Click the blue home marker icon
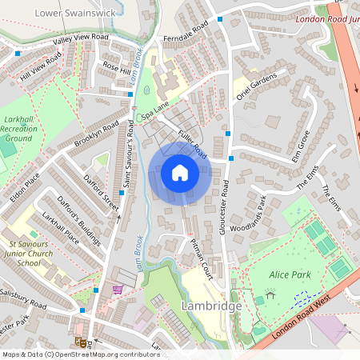point(180,173)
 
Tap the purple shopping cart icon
point(118,289)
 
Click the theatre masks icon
point(81,342)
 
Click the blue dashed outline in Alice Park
point(302,298)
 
